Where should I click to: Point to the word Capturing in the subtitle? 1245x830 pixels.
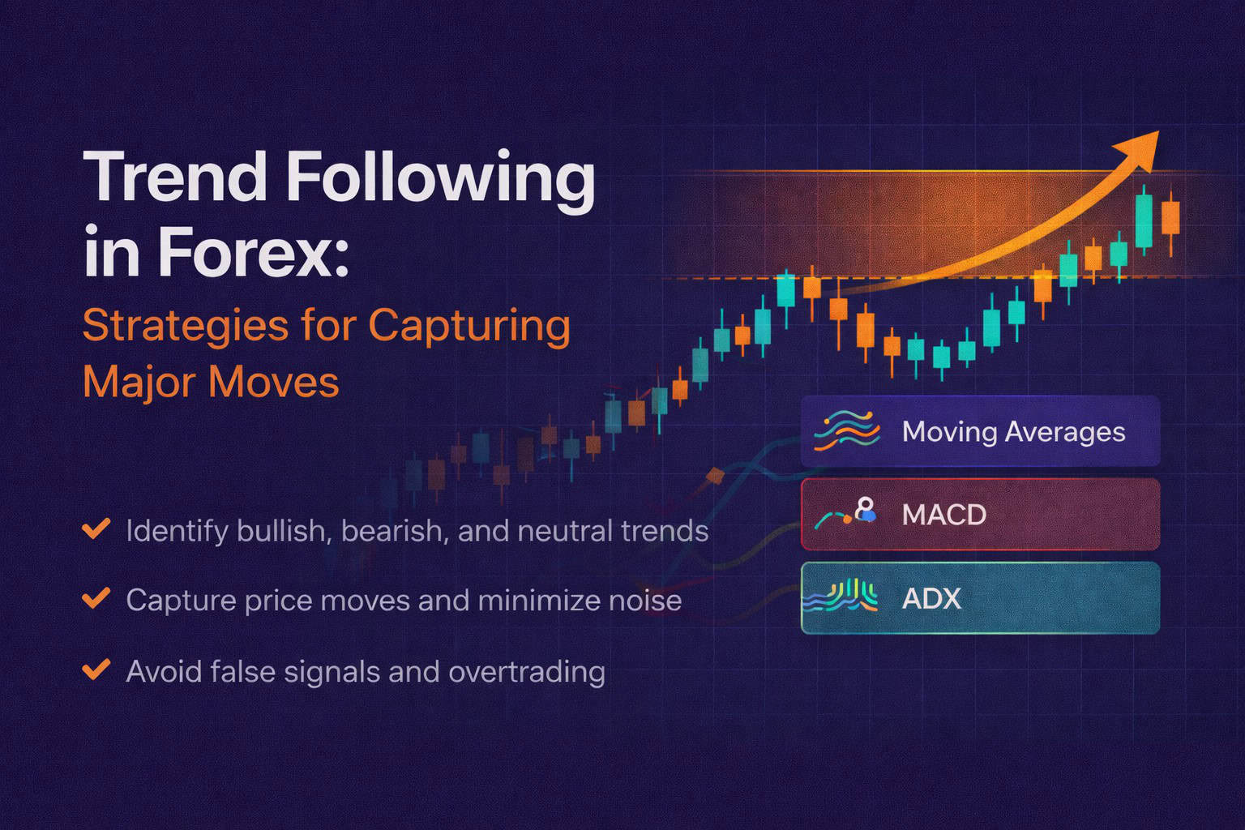(469, 327)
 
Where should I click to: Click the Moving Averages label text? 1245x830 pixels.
(1013, 432)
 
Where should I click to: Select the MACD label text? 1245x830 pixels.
(943, 515)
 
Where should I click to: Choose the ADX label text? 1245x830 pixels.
(931, 599)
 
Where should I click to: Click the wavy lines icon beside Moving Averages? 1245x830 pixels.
(846, 430)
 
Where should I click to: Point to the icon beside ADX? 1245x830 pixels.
(841, 597)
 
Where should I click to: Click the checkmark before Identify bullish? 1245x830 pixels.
(96, 530)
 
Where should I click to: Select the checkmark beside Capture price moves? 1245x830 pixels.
(96, 600)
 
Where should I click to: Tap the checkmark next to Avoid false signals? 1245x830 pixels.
(96, 670)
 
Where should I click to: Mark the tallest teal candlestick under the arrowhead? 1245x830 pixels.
(1144, 220)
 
